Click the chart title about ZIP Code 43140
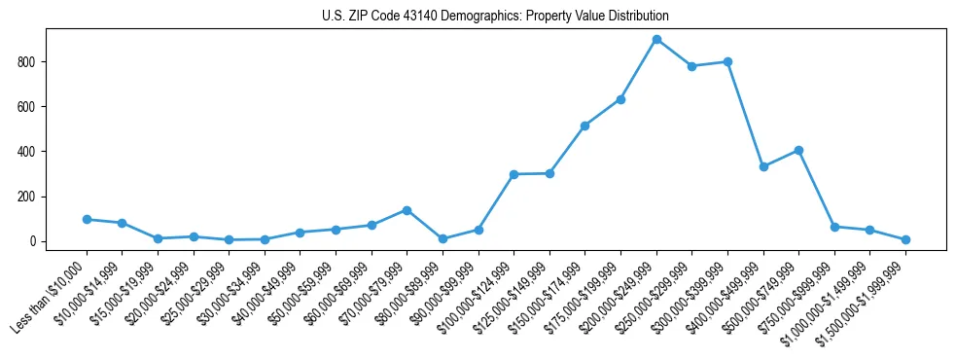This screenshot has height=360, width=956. [495, 17]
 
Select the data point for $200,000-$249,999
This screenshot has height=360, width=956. [656, 40]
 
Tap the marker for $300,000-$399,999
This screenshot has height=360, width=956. [727, 61]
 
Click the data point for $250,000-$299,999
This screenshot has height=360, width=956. [691, 66]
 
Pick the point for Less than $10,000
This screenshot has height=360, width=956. [87, 219]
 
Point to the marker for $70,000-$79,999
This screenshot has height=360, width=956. [407, 210]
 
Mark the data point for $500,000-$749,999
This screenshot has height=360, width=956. [798, 151]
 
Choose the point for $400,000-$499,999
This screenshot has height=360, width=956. [763, 166]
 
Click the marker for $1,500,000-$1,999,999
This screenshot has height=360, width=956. [905, 239]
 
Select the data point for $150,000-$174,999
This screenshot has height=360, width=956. [584, 126]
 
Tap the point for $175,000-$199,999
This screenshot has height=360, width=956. [620, 99]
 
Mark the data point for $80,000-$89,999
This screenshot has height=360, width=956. [443, 238]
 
